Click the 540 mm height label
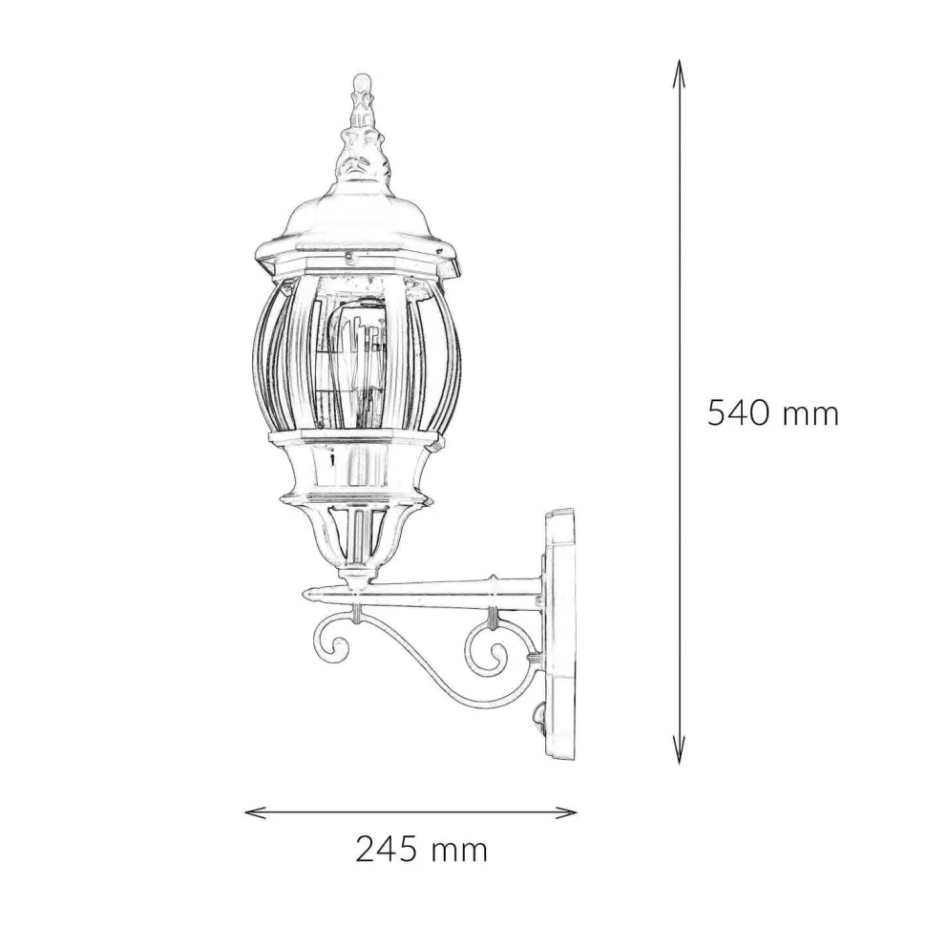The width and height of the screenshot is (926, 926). (x=772, y=413)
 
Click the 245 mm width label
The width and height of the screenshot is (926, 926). (x=421, y=849)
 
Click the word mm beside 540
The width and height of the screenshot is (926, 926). (x=810, y=413)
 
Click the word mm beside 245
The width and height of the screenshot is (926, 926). (x=458, y=849)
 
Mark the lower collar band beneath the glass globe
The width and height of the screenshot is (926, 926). (x=356, y=439)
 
